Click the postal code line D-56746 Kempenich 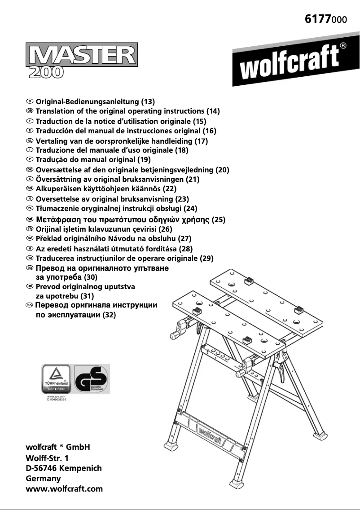pyautogui.click(x=64, y=468)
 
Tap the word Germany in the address pyautogui.click(x=44, y=479)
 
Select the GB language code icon pyautogui.click(x=30, y=110)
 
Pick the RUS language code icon pyautogui.click(x=30, y=305)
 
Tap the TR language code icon pyautogui.click(x=30, y=229)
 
